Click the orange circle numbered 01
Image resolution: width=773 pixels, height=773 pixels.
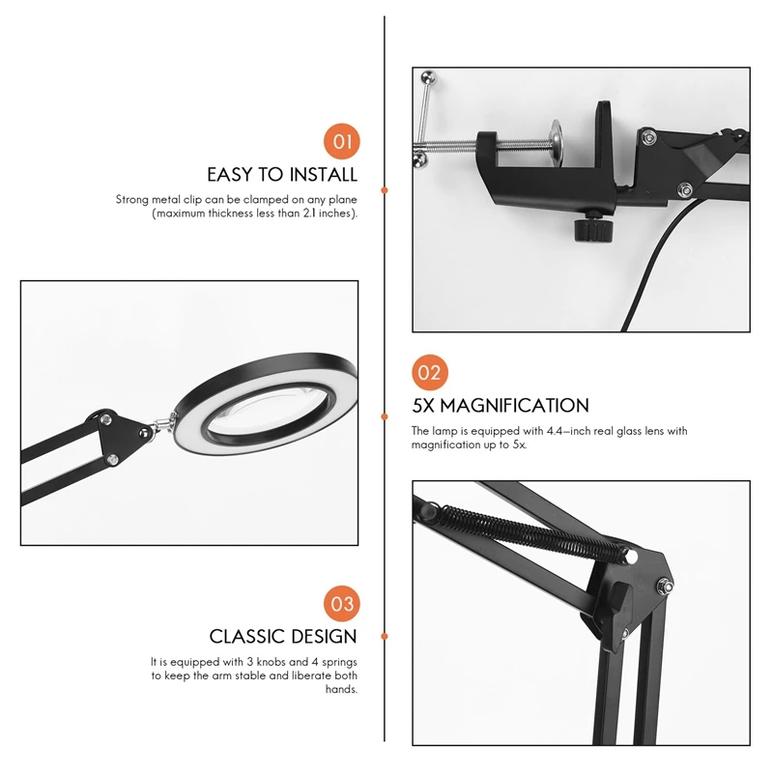(x=342, y=141)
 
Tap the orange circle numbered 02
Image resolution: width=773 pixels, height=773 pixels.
(x=430, y=373)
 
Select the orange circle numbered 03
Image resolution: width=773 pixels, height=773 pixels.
(x=342, y=604)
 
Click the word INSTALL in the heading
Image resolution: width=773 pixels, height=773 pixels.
(x=323, y=175)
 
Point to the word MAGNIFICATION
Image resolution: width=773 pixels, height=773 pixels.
(x=514, y=406)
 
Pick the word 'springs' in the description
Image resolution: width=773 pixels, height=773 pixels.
(x=339, y=662)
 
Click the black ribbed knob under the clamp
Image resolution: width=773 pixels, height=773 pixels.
(x=594, y=229)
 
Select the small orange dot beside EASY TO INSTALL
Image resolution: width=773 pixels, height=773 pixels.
(x=385, y=190)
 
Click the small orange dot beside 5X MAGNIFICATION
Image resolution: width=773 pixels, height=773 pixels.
(x=385, y=416)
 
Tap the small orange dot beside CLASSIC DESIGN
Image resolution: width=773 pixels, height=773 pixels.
(x=385, y=637)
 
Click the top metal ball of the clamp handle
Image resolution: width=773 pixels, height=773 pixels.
(x=428, y=76)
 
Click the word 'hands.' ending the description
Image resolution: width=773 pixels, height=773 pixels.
(x=341, y=689)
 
